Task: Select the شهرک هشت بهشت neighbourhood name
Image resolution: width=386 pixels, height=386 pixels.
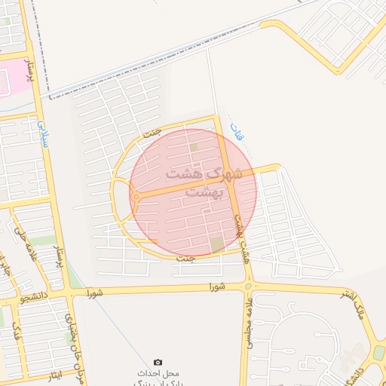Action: click(199, 182)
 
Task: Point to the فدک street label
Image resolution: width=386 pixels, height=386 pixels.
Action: click(16, 329)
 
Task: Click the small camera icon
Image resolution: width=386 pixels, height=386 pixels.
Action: click(158, 363)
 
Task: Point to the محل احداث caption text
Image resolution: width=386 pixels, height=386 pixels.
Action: click(157, 374)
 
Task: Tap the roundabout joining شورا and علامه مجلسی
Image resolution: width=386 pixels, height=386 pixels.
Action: click(247, 286)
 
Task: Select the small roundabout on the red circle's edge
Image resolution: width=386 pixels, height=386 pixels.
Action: click(135, 197)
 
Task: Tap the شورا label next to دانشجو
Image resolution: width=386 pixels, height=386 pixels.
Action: click(93, 291)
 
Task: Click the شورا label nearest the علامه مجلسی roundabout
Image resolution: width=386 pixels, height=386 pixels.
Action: click(216, 286)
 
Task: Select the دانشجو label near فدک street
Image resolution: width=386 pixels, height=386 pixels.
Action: click(35, 297)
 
